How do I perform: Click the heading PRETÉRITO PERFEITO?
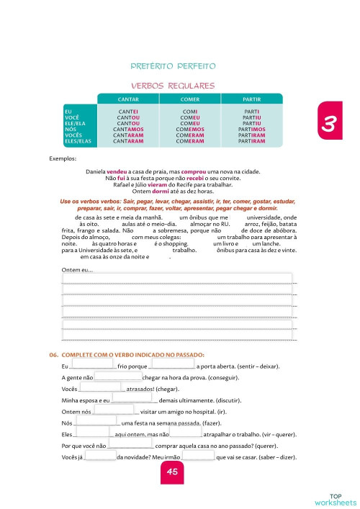[173, 66]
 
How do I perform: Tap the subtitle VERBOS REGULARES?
[173, 86]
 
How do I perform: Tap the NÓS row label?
[69, 130]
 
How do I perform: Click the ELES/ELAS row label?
[78, 141]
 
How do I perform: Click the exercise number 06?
[53, 355]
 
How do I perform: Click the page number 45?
[172, 472]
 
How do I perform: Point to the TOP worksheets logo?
[335, 498]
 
